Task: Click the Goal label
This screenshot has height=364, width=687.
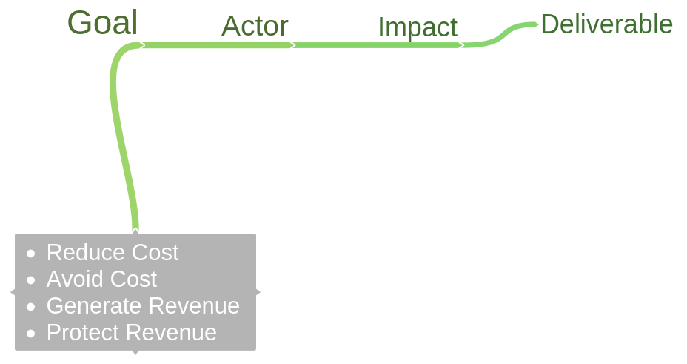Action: tap(102, 23)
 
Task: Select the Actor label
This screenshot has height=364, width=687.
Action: tap(255, 27)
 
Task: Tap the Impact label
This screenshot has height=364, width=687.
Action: tap(418, 27)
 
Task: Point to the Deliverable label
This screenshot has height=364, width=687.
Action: tap(606, 24)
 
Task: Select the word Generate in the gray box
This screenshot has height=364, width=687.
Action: tap(94, 306)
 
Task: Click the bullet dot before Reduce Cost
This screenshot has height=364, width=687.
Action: tap(30, 254)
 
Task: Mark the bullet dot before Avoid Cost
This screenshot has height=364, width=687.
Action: tap(30, 280)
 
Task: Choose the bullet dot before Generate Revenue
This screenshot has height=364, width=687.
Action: tap(30, 307)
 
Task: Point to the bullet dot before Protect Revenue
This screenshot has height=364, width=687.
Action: tap(30, 334)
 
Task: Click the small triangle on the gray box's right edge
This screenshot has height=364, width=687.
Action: tap(258, 292)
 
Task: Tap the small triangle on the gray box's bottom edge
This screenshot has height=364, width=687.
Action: tap(135, 352)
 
